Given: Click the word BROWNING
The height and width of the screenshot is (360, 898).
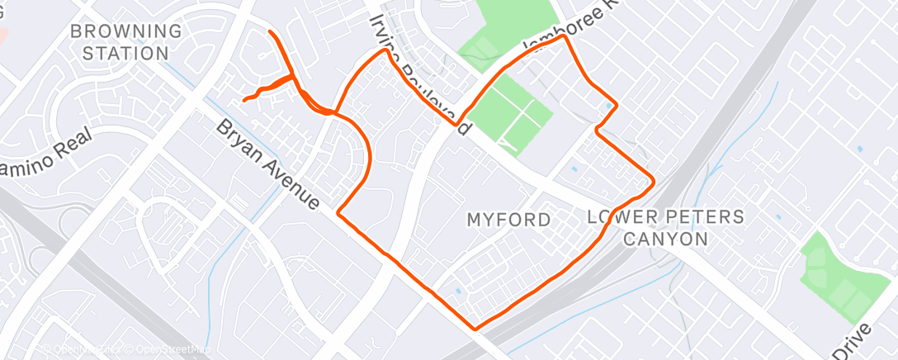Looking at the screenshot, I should tap(126, 31).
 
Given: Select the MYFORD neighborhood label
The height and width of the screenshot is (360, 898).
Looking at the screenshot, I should tap(508, 220).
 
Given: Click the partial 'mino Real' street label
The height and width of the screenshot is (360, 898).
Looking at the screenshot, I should tap(50, 152).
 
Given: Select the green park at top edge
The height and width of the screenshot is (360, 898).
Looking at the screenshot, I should tap(512, 25).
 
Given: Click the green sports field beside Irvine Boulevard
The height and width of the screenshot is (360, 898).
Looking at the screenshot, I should tap(513, 116).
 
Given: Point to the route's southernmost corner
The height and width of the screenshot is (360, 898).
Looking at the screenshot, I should tap(475, 329).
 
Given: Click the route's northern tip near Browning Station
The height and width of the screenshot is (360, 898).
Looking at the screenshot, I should tap(270, 31).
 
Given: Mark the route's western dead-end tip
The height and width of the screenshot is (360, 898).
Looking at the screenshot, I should tap(243, 100).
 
